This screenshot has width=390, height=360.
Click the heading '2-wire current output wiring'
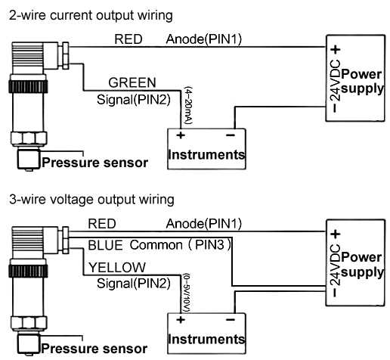pos(88,14)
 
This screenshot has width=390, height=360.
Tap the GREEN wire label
pos(132,82)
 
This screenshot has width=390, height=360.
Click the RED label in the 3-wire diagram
pos(102,224)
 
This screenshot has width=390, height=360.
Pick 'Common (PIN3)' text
pos(180,246)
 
